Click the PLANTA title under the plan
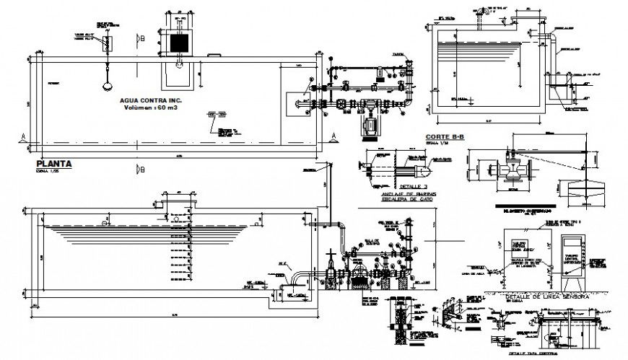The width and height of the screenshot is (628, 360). (x=53, y=164)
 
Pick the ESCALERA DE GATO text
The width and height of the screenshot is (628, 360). (x=396, y=201)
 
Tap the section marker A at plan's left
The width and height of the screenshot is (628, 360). (x=24, y=136)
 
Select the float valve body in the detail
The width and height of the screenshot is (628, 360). (x=513, y=171)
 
